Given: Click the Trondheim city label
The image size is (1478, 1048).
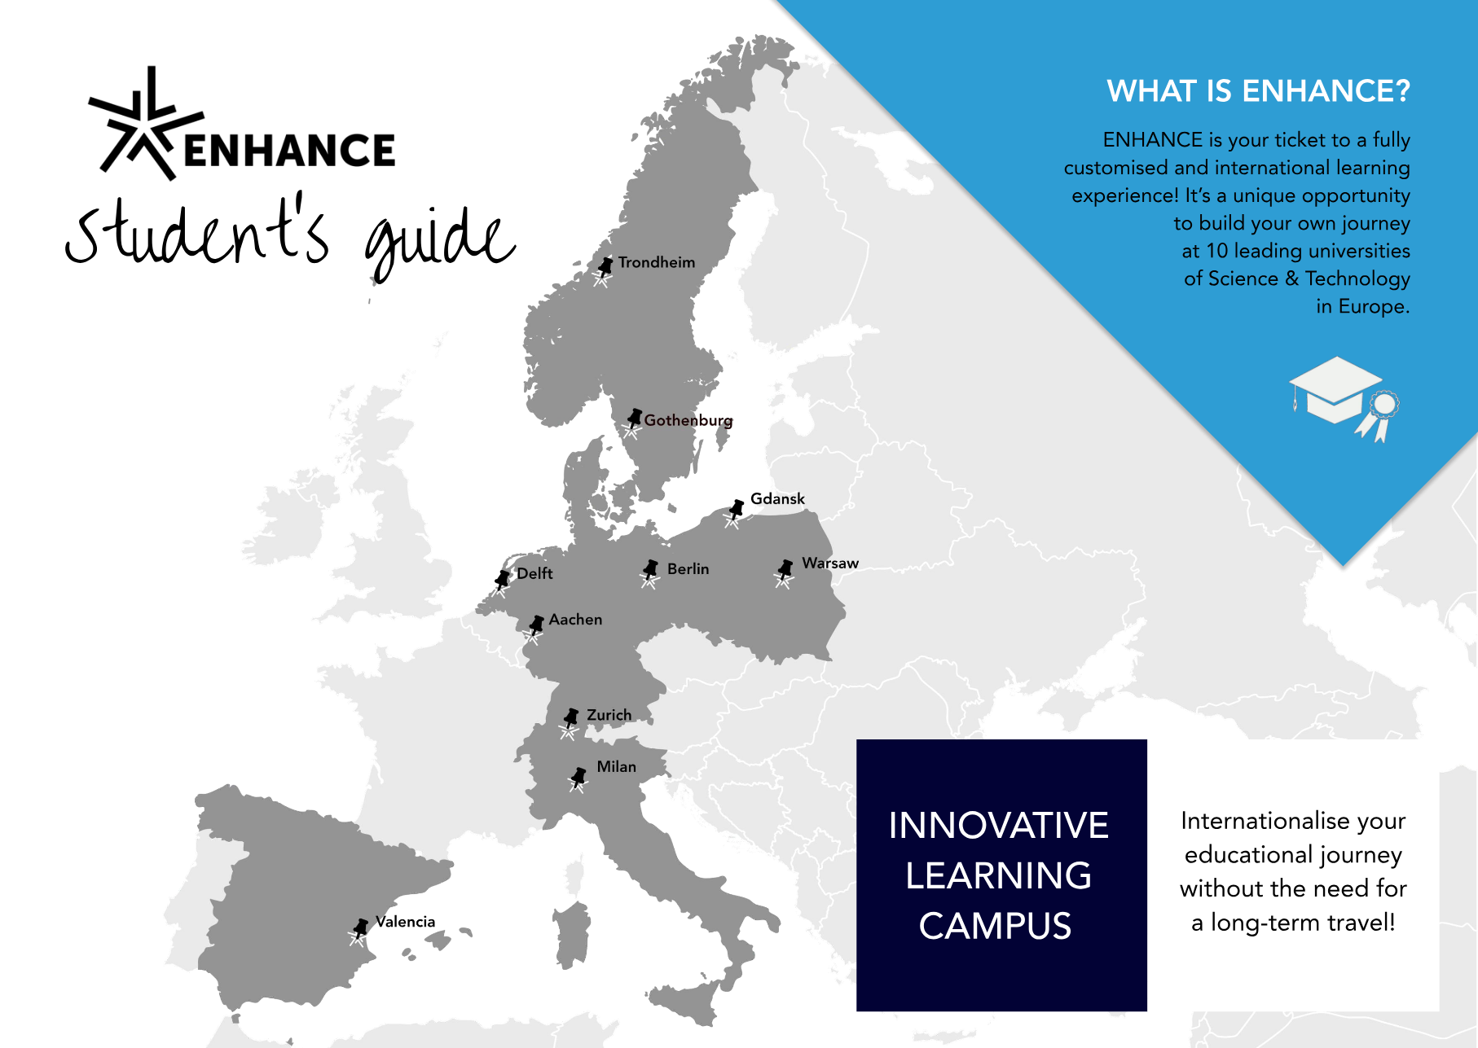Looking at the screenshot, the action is (x=657, y=262).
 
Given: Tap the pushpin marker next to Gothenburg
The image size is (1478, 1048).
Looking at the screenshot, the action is (x=633, y=421).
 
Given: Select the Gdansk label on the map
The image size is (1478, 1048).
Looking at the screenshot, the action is (x=777, y=498).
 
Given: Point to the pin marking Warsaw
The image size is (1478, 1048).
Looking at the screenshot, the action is (x=784, y=572).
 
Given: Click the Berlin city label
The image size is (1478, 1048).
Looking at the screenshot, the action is (x=688, y=568).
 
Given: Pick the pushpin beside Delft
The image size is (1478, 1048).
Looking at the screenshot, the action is (x=501, y=582).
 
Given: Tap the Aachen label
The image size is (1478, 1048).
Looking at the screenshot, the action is (x=575, y=620).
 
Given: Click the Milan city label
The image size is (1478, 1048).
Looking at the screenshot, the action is (x=616, y=766).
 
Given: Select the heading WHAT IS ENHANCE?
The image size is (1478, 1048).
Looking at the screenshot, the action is (x=1258, y=90).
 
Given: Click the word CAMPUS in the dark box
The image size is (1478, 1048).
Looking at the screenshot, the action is (x=995, y=926).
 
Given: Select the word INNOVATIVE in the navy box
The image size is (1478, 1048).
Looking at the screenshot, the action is (x=998, y=825).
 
